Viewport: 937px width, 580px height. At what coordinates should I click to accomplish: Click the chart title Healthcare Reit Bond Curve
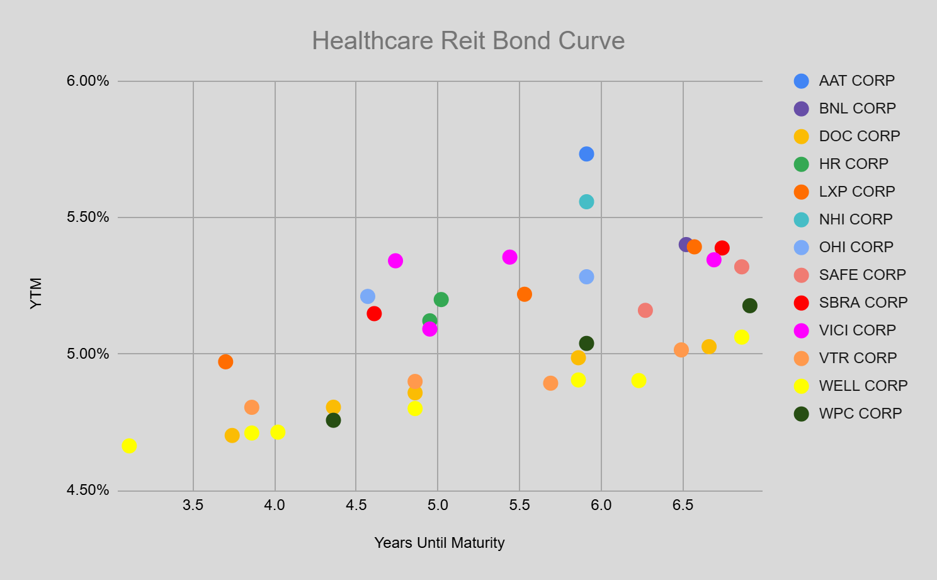click(x=468, y=41)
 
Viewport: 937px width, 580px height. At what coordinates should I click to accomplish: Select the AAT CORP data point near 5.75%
click(x=586, y=154)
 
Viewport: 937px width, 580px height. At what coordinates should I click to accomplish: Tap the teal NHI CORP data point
click(x=586, y=202)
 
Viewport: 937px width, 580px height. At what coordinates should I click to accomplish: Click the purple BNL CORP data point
click(x=686, y=244)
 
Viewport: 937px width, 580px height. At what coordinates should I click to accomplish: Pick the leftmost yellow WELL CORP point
click(x=129, y=446)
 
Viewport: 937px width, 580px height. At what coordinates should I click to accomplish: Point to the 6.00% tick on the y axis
click(x=88, y=81)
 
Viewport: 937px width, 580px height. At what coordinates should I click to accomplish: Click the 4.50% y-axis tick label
click(x=88, y=490)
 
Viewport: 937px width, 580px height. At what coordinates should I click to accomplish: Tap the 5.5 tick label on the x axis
click(x=519, y=505)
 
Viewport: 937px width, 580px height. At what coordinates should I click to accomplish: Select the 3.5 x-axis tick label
click(x=193, y=505)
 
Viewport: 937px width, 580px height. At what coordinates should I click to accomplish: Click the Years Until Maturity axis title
click(x=439, y=543)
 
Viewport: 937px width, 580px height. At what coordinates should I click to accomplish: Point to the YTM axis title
click(x=36, y=293)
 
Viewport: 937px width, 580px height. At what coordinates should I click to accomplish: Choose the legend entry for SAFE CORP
click(x=861, y=275)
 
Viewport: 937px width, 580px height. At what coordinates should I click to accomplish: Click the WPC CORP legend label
click(x=860, y=414)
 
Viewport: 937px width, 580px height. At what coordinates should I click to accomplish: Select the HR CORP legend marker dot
click(x=801, y=164)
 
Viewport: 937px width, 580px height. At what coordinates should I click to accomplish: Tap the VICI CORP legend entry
click(x=856, y=330)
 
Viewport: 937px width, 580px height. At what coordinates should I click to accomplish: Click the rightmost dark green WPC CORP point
click(x=749, y=306)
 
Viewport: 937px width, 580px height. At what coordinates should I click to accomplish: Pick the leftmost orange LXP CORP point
click(x=225, y=362)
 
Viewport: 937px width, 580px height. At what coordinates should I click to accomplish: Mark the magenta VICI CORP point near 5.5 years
click(x=509, y=257)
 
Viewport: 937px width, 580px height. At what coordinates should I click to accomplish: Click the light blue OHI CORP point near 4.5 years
click(x=368, y=296)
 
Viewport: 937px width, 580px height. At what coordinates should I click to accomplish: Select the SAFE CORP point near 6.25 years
click(x=645, y=310)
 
